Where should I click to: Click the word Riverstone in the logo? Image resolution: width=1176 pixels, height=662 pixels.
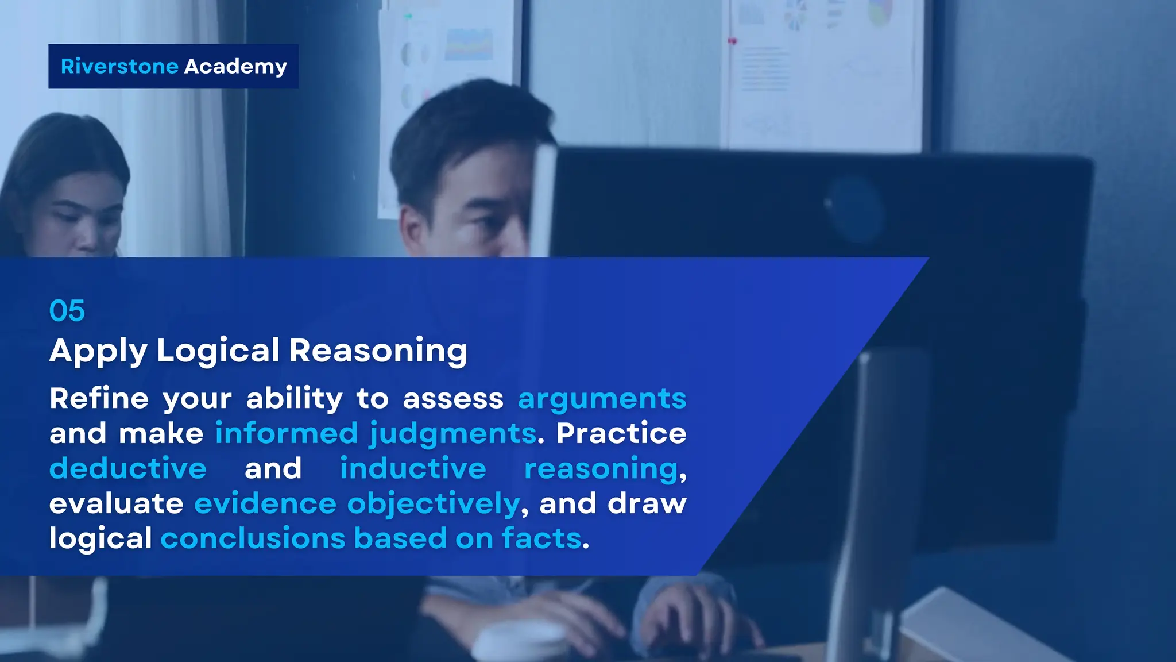pos(119,67)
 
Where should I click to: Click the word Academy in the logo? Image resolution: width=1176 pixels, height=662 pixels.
pos(235,67)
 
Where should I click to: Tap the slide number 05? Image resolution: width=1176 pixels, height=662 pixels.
pos(67,311)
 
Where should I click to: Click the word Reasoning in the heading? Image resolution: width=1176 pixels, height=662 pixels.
pos(378,351)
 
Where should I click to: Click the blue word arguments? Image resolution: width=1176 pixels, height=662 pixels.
pos(602,399)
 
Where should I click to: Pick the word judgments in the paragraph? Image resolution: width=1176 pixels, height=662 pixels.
pos(452,434)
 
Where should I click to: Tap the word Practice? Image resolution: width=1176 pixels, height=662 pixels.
pos(621,434)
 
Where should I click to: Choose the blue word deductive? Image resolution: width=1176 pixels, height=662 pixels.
pos(128,468)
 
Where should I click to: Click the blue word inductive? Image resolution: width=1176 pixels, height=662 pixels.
pos(413,468)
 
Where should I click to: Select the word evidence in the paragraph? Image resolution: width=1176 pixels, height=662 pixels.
pos(265,504)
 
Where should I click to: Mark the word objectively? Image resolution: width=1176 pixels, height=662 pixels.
pos(434,504)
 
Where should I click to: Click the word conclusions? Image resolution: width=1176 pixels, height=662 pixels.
pos(253,539)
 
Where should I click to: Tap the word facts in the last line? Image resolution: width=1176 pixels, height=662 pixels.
pos(541,539)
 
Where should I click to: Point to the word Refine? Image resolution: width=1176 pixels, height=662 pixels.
pos(99,399)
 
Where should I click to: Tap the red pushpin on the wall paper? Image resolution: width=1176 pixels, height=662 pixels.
pos(732,41)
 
